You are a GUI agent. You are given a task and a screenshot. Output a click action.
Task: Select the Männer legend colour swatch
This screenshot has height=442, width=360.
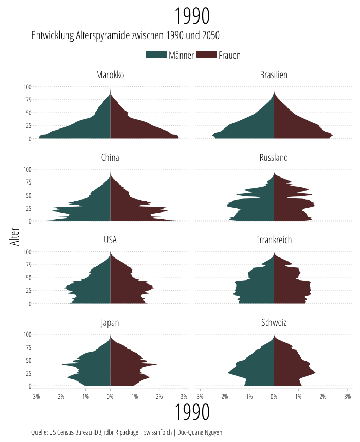click(x=156, y=55)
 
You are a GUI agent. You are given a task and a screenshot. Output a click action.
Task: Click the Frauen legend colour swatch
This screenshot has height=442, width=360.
click(x=206, y=55)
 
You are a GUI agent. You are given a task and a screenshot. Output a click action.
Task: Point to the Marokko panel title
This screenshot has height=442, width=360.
click(x=110, y=75)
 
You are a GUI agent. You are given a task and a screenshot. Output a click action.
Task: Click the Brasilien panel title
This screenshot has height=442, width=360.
click(x=274, y=75)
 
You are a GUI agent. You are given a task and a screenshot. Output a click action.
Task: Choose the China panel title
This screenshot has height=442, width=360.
click(x=110, y=157)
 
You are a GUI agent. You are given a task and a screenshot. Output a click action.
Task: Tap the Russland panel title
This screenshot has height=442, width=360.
click(x=274, y=157)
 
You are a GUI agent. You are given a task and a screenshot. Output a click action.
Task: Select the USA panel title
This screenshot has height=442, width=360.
click(x=110, y=240)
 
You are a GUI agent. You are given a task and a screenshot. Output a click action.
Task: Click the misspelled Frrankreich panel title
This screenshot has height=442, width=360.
click(x=274, y=240)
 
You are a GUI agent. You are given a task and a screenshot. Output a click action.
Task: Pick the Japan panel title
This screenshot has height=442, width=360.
click(x=110, y=323)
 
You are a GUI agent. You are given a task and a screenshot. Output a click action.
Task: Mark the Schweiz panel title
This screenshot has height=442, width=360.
click(x=274, y=323)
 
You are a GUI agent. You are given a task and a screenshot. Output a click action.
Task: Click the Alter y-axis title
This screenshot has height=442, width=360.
click(x=15, y=237)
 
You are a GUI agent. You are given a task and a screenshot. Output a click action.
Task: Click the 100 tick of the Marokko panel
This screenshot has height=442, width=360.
click(x=27, y=87)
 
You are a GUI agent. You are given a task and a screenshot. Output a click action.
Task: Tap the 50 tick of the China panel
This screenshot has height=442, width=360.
click(x=29, y=195)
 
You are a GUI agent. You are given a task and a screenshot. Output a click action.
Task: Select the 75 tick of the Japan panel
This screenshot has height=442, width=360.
click(x=29, y=347)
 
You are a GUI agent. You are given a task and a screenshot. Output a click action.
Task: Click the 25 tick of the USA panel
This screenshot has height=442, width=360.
click(x=29, y=290)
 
